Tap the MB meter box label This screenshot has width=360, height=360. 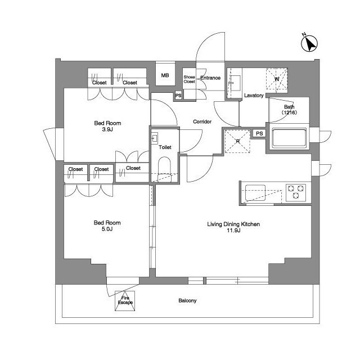[165, 75]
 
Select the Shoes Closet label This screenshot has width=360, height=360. [189, 79]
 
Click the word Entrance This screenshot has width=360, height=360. [210, 78]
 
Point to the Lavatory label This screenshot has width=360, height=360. [254, 96]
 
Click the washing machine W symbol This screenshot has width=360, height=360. [277, 79]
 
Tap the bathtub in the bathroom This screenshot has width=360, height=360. [289, 138]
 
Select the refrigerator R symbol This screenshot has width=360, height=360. [237, 141]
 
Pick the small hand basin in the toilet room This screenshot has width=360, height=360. [155, 138]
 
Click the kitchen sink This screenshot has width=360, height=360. [255, 192]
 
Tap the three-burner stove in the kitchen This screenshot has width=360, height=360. [296, 192]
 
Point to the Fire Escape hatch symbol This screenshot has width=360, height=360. [125, 301]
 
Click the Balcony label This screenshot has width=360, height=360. [187, 300]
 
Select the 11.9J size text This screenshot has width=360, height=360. [233, 231]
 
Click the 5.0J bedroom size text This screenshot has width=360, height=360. [107, 229]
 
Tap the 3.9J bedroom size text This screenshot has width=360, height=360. [107, 129]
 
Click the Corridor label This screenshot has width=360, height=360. [202, 121]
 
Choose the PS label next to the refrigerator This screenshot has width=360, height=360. [259, 133]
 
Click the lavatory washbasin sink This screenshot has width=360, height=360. [235, 83]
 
